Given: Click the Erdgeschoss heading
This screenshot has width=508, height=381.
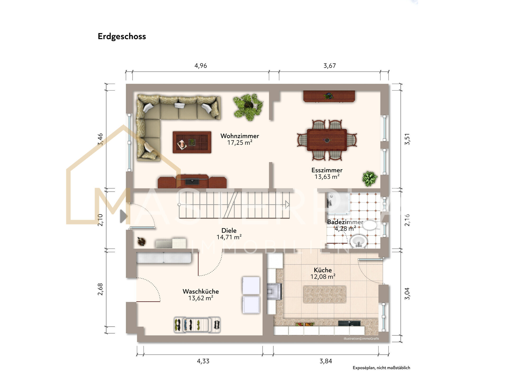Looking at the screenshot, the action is [122, 36].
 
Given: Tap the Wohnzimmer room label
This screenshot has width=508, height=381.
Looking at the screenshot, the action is [240, 136].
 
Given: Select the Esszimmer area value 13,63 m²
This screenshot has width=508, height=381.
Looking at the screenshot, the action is [327, 177].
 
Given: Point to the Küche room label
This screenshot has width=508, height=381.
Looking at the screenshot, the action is [323, 270].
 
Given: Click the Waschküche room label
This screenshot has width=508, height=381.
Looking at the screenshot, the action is [201, 292].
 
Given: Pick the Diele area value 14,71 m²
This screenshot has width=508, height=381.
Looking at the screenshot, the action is [229, 237].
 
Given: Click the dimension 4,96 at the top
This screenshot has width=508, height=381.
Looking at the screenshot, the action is [201, 66].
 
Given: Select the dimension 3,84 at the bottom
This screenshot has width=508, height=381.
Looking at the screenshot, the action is [326, 361].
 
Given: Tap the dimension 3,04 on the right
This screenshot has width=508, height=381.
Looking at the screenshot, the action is [407, 293].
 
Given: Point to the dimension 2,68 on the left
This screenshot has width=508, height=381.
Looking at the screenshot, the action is [100, 289].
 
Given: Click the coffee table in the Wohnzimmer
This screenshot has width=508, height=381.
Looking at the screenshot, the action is [192, 142].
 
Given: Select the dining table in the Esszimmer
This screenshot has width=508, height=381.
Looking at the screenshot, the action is [327, 140].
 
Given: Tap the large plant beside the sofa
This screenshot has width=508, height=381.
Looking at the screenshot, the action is [248, 107].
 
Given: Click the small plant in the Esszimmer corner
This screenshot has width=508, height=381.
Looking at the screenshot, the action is [370, 179].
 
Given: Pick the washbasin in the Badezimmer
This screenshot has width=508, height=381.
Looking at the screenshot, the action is [359, 241].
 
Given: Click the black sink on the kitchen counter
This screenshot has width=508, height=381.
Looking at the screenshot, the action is [349, 323].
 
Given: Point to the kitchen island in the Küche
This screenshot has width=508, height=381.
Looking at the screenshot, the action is [325, 294].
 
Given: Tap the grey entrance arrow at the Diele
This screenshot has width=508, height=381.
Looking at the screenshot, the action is [124, 216].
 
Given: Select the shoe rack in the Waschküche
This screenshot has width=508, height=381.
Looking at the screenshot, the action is [197, 325].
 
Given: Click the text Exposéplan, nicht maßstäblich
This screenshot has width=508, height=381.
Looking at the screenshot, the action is [381, 368].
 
